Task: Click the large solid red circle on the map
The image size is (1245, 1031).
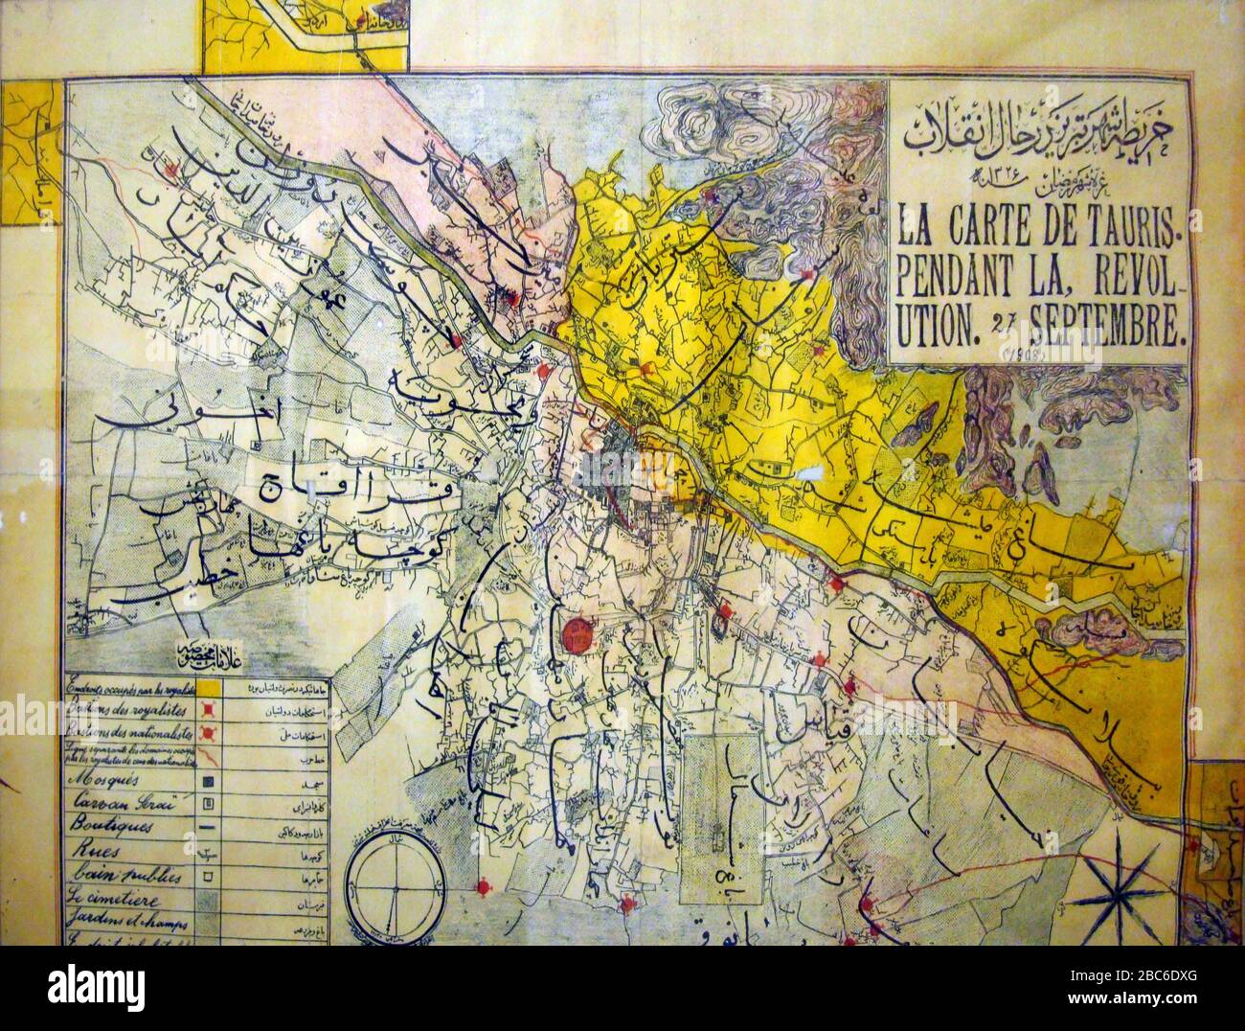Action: click(x=577, y=632)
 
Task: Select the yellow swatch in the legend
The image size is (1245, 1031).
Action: click(x=215, y=687)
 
